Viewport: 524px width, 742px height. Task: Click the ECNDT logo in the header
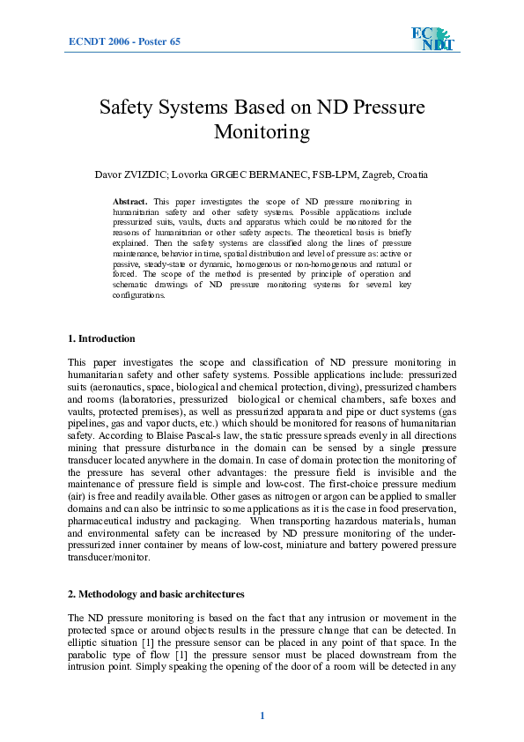tap(432, 39)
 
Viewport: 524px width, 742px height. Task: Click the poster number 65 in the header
tap(173, 41)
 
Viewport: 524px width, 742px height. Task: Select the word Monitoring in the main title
tap(262, 133)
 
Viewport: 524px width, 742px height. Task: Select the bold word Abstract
tap(130, 202)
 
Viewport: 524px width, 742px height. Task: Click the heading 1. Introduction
tap(101, 338)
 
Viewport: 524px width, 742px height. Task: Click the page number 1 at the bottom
tap(262, 715)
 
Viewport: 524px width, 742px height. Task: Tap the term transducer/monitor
tap(109, 557)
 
